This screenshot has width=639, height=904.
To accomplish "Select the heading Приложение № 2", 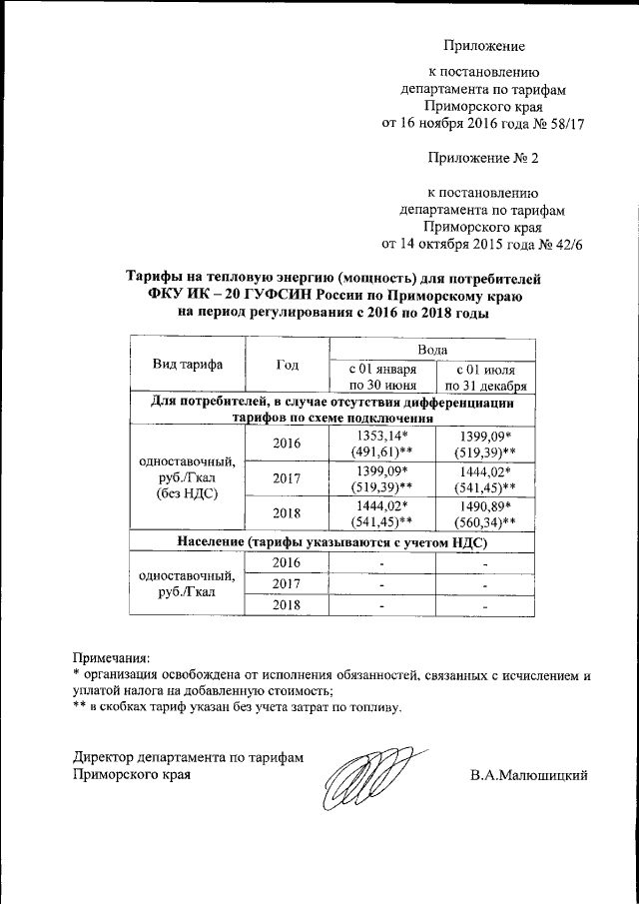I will coord(483,158).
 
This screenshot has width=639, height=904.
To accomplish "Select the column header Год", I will coord(288,365).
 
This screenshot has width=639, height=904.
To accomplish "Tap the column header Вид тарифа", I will coord(187,365).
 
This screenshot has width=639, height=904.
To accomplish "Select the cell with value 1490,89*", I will coord(484,506).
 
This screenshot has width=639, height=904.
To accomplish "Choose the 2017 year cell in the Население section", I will coord(288,583).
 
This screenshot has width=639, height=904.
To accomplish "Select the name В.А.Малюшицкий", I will coord(528,775).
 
